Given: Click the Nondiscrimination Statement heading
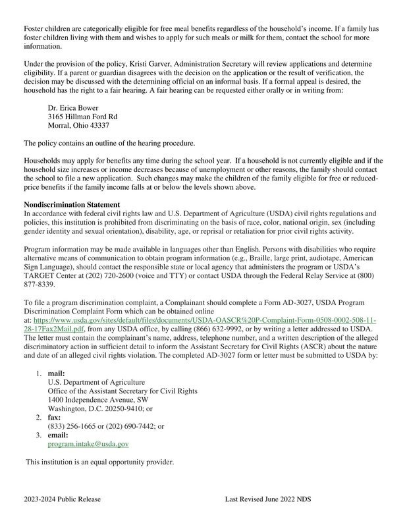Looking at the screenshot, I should pyautogui.click(x=72, y=204).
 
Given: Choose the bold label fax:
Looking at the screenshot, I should pyautogui.click(x=54, y=418).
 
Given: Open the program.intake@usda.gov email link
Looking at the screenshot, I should pyautogui.click(x=88, y=445).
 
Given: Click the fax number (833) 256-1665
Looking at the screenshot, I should pyautogui.click(x=74, y=427).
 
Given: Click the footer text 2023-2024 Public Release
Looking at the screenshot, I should pyautogui.click(x=63, y=499).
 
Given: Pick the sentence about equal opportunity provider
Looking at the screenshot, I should pyautogui.click(x=99, y=462).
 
